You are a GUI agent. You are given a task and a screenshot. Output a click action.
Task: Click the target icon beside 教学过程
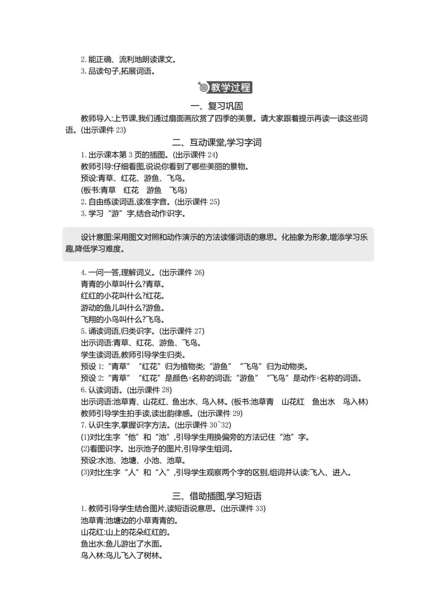click(204, 87)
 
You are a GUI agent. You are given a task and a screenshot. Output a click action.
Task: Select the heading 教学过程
click(231, 87)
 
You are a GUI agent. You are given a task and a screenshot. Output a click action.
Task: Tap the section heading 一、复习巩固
click(217, 106)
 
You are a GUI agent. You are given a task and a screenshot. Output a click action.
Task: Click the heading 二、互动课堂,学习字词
click(217, 143)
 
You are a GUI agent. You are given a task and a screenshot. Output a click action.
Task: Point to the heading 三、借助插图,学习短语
click(217, 496)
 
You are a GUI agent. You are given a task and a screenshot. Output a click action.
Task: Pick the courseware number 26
click(199, 273)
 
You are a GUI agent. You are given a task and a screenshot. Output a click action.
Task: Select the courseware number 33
click(260, 509)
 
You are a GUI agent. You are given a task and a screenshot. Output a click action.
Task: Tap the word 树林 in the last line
click(151, 556)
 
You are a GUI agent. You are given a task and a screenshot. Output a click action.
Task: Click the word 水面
click(155, 544)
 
